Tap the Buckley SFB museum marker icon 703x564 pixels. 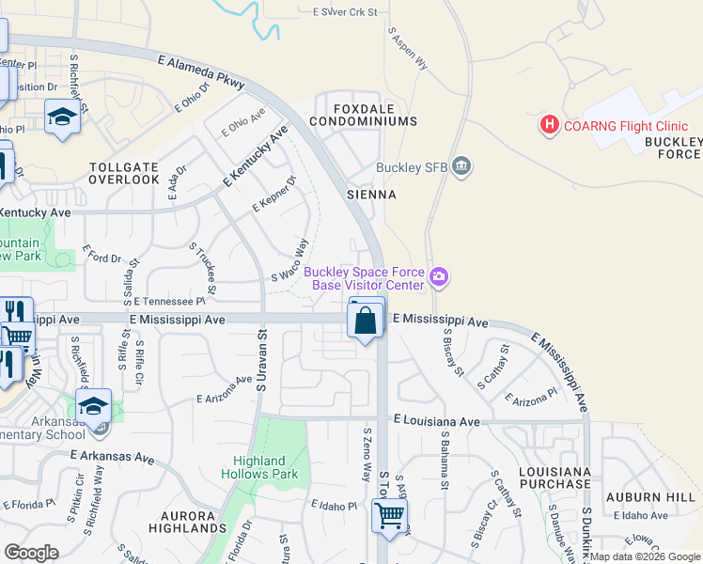(x=461, y=167)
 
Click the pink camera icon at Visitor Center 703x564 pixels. (x=439, y=277)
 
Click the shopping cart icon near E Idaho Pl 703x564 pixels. (x=388, y=515)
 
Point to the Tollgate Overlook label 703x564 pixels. (x=124, y=173)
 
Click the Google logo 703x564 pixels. (x=31, y=553)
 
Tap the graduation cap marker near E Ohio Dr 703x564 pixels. (x=62, y=117)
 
